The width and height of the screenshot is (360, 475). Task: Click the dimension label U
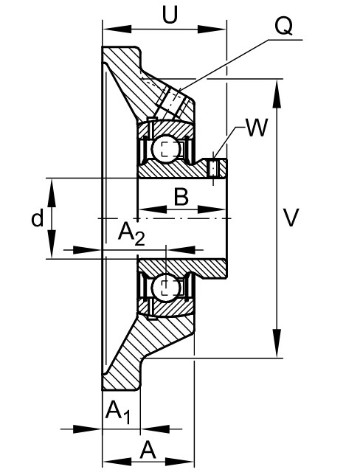coord(170,15)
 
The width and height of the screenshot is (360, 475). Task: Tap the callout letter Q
coord(283,26)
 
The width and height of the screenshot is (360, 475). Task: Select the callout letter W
coord(257,128)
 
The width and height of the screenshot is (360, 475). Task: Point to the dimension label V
coord(291,217)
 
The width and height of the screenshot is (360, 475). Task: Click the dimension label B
coord(181,197)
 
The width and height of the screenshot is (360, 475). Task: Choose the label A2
coord(131,234)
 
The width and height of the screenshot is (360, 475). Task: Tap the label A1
coord(118,412)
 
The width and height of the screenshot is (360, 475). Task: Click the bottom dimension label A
coord(148,450)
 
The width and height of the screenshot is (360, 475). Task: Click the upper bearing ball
coord(167,148)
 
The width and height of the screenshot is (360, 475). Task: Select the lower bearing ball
coord(166,287)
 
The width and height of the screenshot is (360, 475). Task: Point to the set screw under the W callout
coord(214,167)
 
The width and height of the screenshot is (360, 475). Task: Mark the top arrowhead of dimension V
coord(277,94)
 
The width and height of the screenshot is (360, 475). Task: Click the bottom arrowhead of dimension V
coord(277,343)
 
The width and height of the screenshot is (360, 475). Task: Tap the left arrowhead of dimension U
coord(117,29)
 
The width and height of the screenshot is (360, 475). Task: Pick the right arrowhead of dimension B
coord(212,209)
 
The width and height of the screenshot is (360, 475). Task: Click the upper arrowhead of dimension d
coord(52,193)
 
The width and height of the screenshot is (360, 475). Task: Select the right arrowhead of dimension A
coord(179,462)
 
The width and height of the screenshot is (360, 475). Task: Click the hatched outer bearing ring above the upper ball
coord(166,128)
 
